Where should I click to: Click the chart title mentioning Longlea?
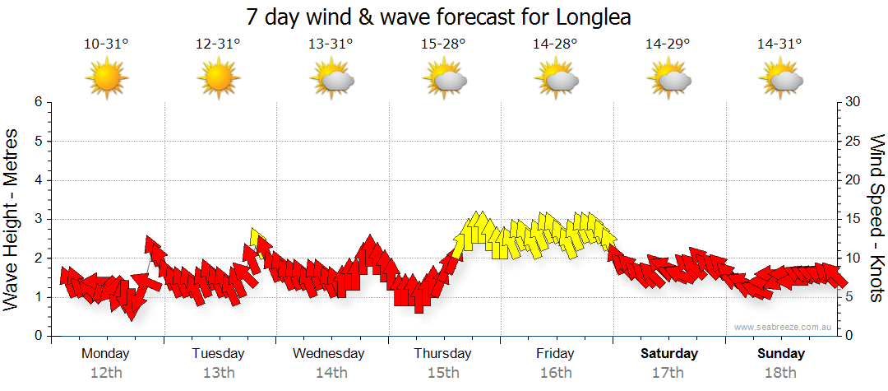point(444,17)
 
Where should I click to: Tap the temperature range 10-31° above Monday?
point(106,44)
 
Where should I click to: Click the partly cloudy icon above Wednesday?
point(331,77)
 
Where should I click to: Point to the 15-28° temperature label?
point(443,44)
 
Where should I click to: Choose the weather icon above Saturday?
point(668,77)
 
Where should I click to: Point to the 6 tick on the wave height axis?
point(37,102)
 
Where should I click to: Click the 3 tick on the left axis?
point(37,219)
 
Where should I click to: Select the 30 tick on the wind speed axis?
point(853,102)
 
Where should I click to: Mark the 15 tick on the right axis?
point(853,219)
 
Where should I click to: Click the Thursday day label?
point(442,354)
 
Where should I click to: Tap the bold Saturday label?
point(669,354)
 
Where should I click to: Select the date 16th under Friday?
point(556,373)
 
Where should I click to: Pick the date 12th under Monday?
point(105,373)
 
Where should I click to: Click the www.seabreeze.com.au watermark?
point(784,328)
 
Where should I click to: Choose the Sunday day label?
point(781,354)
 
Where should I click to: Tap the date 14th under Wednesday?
point(331,373)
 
